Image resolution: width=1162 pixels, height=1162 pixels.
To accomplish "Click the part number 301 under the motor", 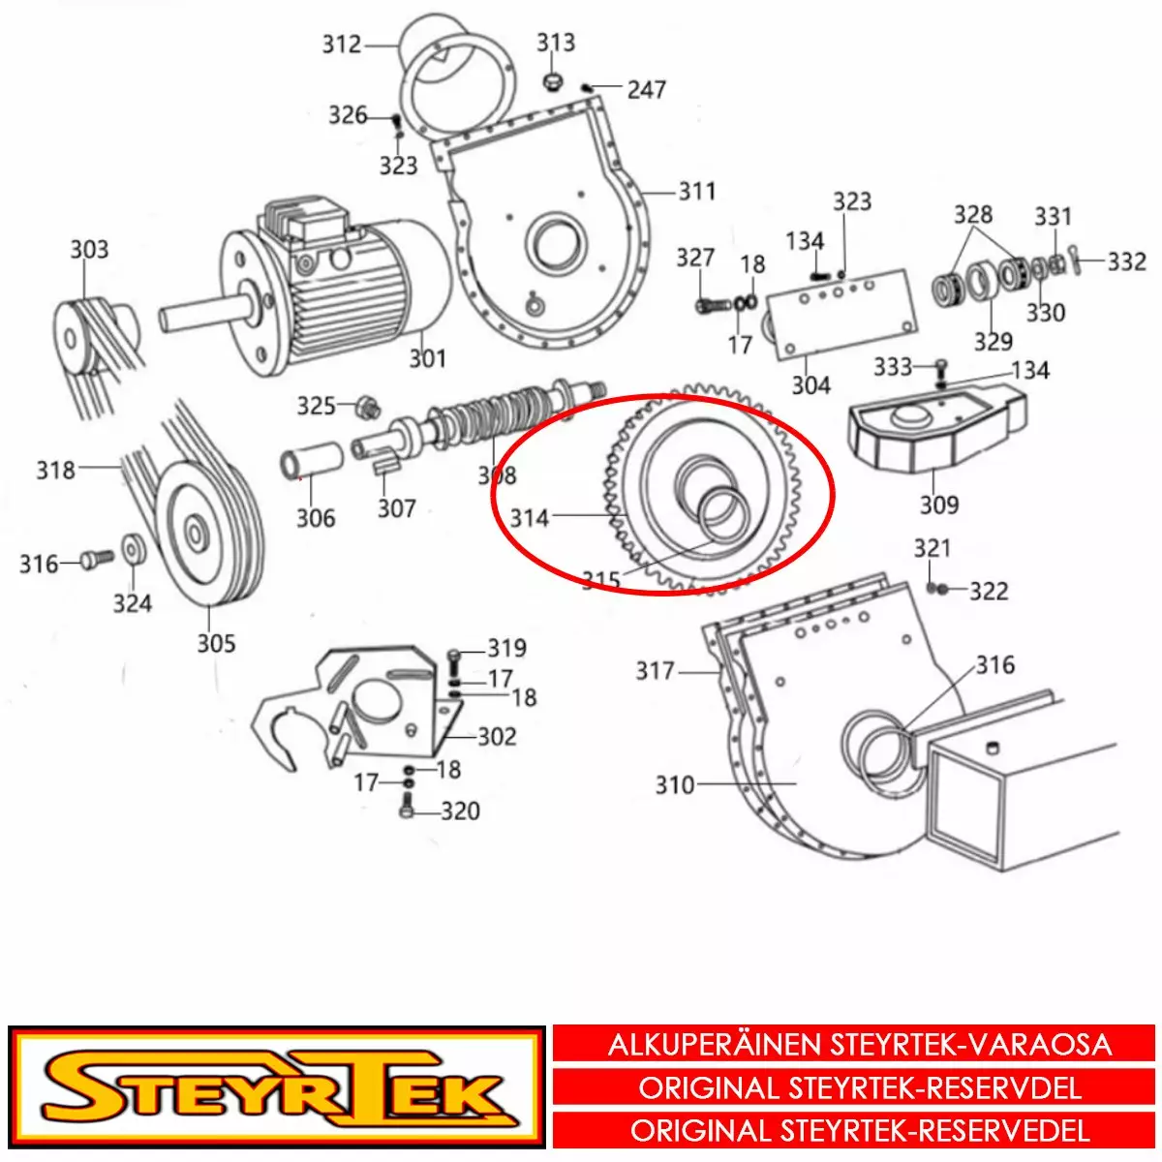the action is [x=428, y=359].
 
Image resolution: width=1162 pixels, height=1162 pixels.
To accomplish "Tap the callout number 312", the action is [x=341, y=45].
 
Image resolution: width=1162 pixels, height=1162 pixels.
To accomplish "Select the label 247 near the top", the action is [x=647, y=90].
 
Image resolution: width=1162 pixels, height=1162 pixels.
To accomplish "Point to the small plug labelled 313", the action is [x=551, y=82].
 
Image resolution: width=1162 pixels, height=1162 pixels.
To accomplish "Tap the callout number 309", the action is [x=939, y=505].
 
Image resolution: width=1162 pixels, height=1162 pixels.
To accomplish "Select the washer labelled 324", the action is [x=132, y=548].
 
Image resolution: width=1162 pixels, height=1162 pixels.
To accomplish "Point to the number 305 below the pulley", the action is [x=216, y=643].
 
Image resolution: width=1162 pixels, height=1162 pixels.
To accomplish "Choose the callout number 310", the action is [x=675, y=785].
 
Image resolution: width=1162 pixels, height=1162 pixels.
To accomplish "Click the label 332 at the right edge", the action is [x=1126, y=261].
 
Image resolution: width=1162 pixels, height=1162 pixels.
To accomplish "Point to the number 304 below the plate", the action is [x=811, y=385].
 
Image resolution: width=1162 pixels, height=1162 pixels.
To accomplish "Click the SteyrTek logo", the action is [x=277, y=1089].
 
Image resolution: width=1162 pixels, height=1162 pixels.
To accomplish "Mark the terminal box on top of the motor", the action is [x=308, y=222].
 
